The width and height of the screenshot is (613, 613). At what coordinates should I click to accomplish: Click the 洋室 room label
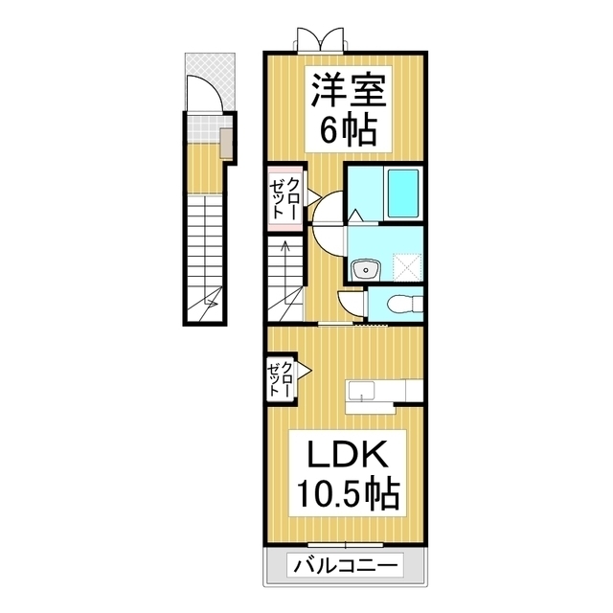(x=346, y=94)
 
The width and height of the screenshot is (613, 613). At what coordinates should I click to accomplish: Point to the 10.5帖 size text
(x=346, y=494)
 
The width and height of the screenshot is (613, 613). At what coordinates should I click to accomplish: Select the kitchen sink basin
(x=361, y=389)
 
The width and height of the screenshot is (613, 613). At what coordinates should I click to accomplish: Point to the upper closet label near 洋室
(x=284, y=198)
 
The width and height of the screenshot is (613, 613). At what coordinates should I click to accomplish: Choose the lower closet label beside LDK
(x=281, y=376)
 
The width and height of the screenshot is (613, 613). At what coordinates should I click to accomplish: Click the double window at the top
(x=317, y=39)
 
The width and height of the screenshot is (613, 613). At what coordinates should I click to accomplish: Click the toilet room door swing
(x=352, y=306)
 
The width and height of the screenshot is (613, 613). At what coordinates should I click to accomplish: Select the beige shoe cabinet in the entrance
(x=227, y=143)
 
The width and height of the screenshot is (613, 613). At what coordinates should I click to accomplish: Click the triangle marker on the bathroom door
(x=353, y=214)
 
